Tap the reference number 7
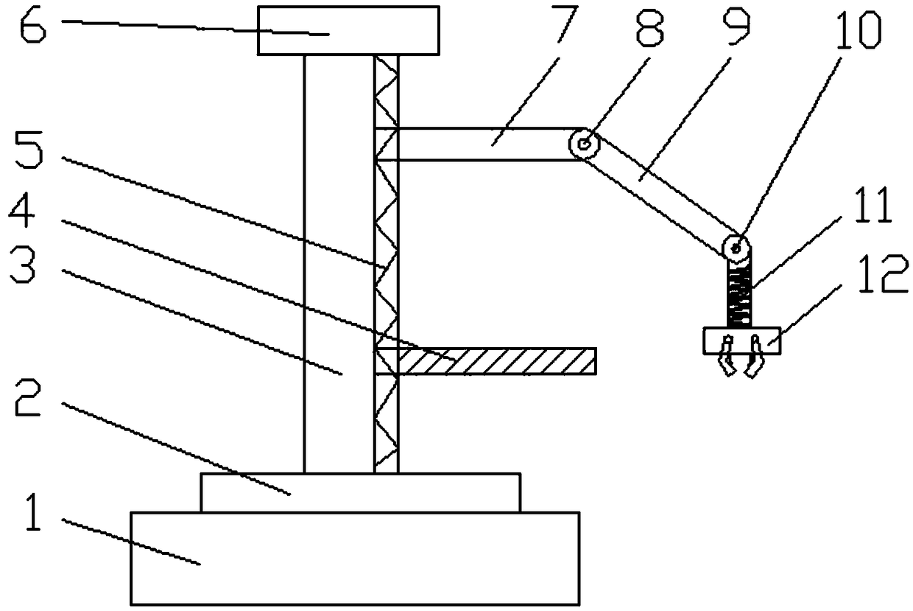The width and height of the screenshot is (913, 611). [x=565, y=23]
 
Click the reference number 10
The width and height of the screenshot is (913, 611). [x=859, y=31]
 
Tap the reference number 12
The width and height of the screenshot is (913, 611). [x=883, y=273]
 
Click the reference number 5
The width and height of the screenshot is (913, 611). [x=29, y=150]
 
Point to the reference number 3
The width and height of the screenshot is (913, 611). [x=23, y=265]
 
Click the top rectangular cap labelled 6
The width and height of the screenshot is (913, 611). [x=348, y=30]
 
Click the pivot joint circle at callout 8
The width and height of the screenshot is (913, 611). [x=584, y=144]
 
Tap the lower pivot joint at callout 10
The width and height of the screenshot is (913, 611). [x=736, y=247]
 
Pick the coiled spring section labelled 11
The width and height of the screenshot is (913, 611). [x=739, y=295]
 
